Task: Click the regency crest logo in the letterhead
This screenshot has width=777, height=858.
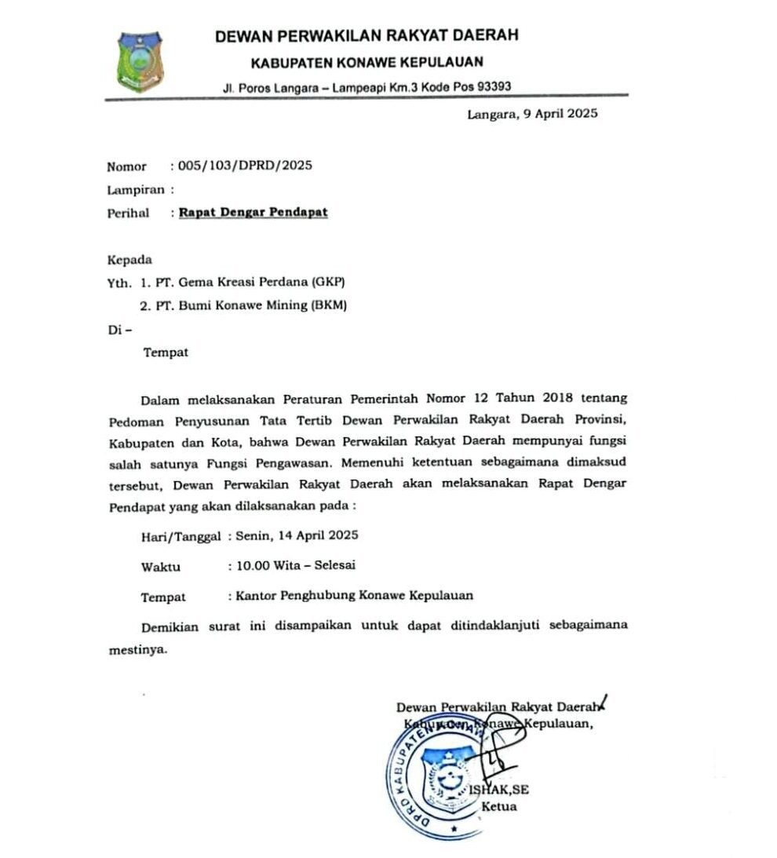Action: pyautogui.click(x=140, y=62)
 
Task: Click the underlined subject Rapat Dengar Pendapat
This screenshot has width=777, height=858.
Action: pyautogui.click(x=253, y=212)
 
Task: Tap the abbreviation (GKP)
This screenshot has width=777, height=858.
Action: pyautogui.click(x=329, y=282)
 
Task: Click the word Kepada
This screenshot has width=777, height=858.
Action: pyautogui.click(x=129, y=260)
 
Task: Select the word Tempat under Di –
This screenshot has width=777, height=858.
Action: pyautogui.click(x=166, y=352)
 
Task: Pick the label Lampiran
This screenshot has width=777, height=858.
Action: pyautogui.click(x=136, y=189)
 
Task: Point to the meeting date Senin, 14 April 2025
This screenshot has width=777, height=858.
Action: pyautogui.click(x=297, y=535)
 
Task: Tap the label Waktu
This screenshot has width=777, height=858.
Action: pyautogui.click(x=160, y=566)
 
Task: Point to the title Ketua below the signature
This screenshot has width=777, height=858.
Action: pyautogui.click(x=499, y=806)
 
